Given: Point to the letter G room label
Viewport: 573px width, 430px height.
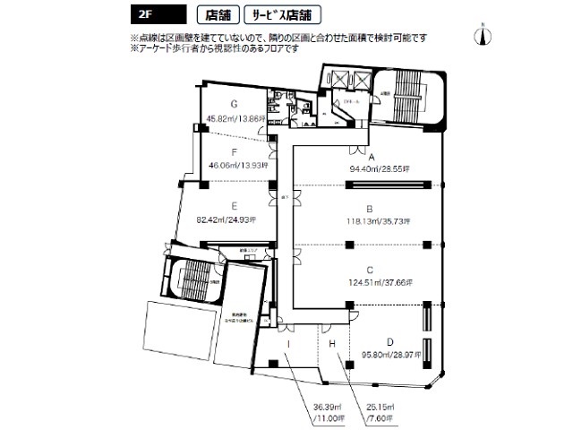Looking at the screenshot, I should pyautogui.click(x=233, y=104).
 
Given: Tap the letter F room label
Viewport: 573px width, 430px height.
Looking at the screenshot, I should pyautogui.click(x=233, y=152).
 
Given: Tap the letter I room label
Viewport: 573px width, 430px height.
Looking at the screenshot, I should pyautogui.click(x=288, y=343).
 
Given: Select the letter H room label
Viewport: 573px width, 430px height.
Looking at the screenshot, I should pyautogui.click(x=331, y=343).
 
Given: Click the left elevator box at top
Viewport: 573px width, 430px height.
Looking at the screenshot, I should pyautogui.click(x=340, y=78).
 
